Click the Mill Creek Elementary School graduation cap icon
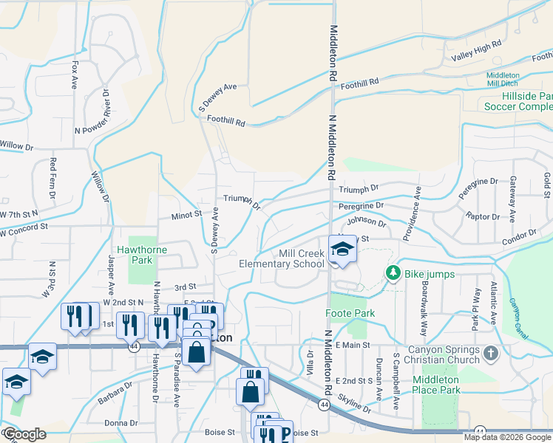click(x=342, y=250)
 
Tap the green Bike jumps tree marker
click(x=393, y=273)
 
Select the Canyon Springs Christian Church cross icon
click(x=491, y=354)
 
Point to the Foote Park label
click(x=350, y=313)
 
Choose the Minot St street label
click(x=186, y=214)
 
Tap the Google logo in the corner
click(x=24, y=434)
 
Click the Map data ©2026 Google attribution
click(x=506, y=437)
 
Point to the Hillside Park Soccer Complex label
click(x=518, y=101)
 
